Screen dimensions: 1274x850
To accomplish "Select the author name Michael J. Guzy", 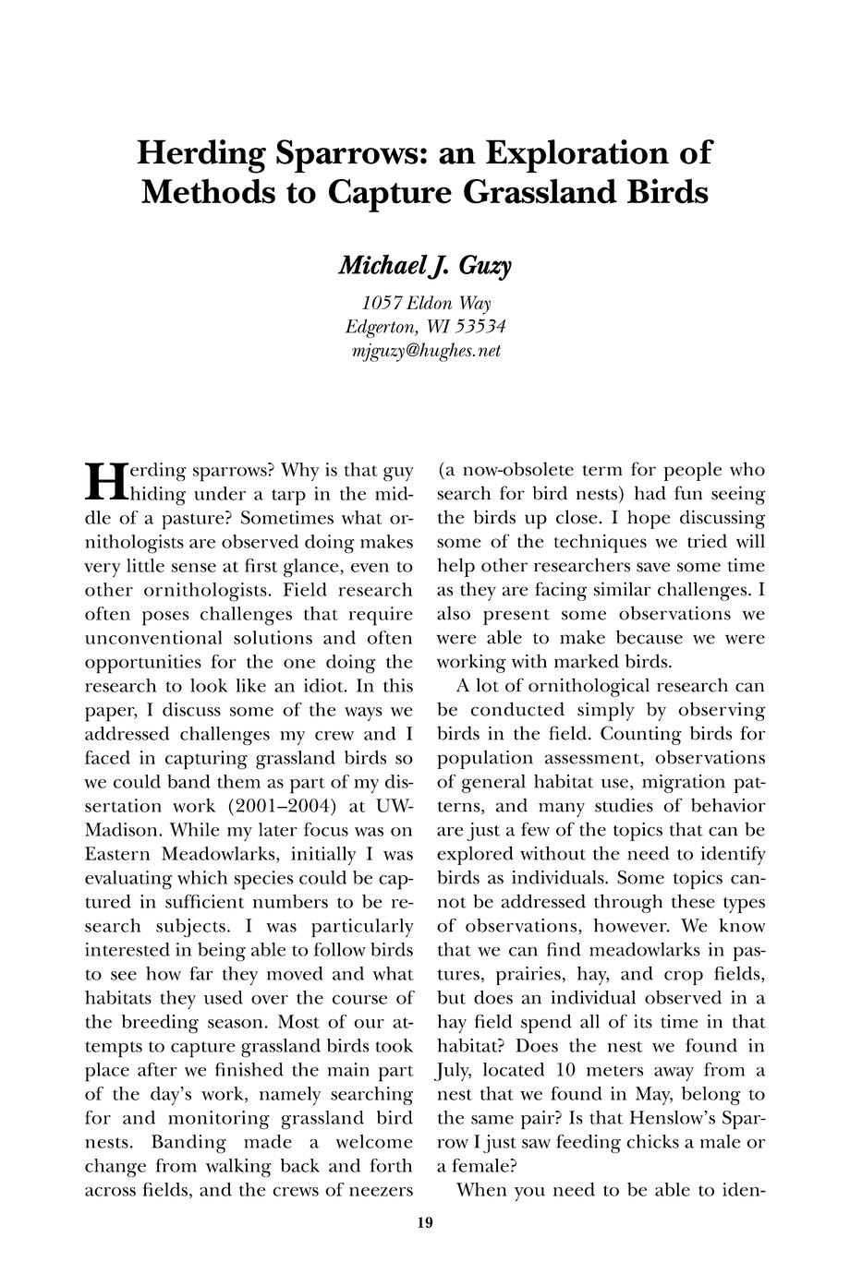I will (425, 266).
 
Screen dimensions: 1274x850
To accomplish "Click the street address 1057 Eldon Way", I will (425, 304).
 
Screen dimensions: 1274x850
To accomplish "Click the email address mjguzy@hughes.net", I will (425, 351).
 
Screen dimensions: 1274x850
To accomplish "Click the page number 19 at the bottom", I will (424, 1224).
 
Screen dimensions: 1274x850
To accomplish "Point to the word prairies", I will (547, 973).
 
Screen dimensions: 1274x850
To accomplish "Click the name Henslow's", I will (672, 1117).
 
